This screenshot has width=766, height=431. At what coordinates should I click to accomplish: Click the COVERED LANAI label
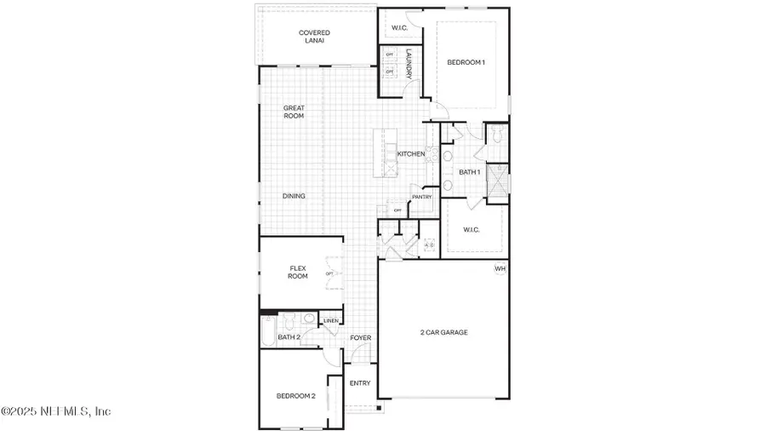coord(314,37)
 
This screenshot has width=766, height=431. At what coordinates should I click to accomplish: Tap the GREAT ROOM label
coord(294,112)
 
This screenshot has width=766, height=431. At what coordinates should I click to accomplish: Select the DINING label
coord(294,196)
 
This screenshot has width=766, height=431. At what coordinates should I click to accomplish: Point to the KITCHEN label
coord(411,154)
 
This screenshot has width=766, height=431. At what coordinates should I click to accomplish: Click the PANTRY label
coord(422,198)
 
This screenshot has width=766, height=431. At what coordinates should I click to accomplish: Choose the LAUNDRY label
coord(409,65)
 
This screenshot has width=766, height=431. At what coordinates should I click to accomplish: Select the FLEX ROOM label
coord(297,272)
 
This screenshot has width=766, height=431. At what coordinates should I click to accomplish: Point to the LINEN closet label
coord(331,321)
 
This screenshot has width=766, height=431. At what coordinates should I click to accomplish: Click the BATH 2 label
coord(289,337)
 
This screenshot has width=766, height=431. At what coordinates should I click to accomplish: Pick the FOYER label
coord(361,338)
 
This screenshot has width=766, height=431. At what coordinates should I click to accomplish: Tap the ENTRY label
coord(360,383)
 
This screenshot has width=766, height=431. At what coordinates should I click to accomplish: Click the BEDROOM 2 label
coord(295,396)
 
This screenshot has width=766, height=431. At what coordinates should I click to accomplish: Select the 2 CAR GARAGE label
coord(443,332)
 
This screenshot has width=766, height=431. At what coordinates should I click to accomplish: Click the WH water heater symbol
coord(500,269)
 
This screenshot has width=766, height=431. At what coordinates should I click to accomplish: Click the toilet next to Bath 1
coord(497,135)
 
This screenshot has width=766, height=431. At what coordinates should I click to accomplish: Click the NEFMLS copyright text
coord(56,411)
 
